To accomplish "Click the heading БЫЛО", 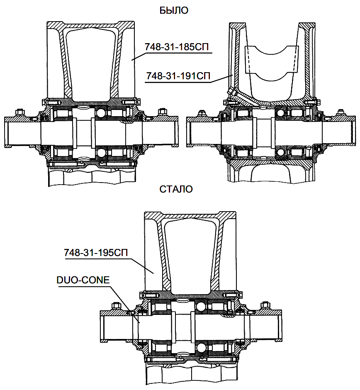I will (174, 11).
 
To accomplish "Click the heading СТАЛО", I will (176, 189).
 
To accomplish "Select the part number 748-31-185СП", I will (178, 47).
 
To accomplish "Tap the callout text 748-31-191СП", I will (178, 76).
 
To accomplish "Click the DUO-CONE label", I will (83, 280).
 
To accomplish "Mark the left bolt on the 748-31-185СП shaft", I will (19, 112).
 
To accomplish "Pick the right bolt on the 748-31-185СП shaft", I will (163, 112).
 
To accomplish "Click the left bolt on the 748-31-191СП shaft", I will (202, 112).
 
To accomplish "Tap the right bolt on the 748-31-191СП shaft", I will (341, 112).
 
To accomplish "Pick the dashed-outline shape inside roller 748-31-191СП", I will (272, 58).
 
